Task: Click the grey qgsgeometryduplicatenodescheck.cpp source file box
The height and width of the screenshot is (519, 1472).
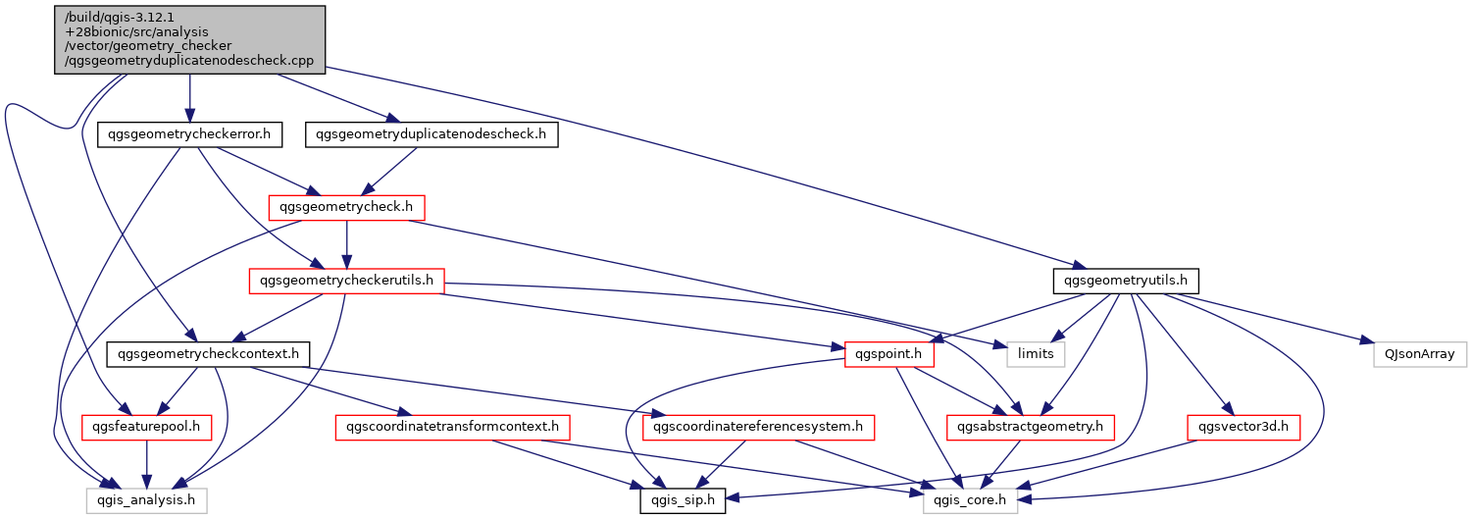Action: (189, 39)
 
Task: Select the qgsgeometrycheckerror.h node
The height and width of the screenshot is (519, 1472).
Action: (189, 134)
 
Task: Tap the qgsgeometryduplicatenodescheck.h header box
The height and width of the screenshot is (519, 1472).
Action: (431, 134)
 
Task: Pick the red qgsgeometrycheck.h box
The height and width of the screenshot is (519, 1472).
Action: (346, 208)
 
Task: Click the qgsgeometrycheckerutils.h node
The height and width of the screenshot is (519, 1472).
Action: (346, 281)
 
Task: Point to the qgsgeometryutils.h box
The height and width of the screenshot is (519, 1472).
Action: (1126, 281)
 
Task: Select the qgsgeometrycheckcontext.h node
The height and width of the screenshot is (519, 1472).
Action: (208, 354)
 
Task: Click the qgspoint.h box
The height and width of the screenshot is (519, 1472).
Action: (889, 354)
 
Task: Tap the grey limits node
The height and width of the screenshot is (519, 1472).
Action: (1036, 354)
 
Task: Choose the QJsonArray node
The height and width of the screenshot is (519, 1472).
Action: (1419, 354)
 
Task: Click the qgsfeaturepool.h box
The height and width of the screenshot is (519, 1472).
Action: (146, 428)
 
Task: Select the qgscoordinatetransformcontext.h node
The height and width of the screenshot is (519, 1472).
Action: (452, 428)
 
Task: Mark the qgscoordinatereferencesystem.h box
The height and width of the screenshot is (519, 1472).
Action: (758, 428)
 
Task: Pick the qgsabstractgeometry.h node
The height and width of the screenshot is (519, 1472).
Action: (1031, 428)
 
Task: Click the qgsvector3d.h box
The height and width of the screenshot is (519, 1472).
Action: (1244, 428)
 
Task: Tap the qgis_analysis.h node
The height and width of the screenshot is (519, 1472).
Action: (146, 500)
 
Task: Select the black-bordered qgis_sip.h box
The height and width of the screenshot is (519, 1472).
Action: (683, 500)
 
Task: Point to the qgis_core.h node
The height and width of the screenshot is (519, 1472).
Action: (970, 500)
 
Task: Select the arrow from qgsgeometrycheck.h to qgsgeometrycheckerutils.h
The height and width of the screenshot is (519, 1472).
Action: (346, 244)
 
